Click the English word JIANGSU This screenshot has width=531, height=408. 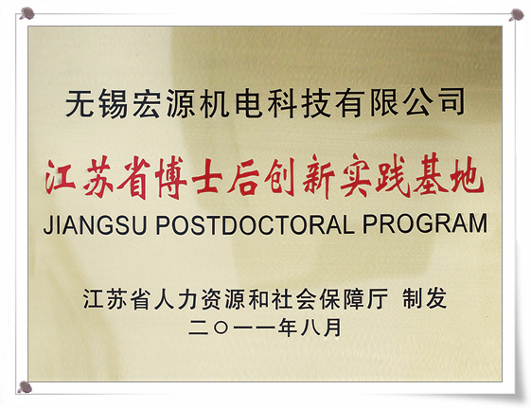(96, 223)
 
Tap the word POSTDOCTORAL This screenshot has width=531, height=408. (255, 223)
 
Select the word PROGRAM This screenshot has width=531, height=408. (425, 223)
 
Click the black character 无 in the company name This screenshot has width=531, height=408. (80, 103)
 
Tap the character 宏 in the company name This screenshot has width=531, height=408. (147, 103)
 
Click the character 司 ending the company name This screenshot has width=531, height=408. (451, 102)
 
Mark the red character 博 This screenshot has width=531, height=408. (171, 177)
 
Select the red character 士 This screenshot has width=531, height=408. (207, 177)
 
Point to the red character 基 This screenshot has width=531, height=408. (428, 176)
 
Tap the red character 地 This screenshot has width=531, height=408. (466, 176)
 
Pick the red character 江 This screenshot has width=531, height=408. (60, 177)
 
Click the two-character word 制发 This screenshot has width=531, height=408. (424, 298)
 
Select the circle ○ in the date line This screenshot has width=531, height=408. (221, 328)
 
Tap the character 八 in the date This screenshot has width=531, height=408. (310, 328)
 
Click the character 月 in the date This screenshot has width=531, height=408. (332, 328)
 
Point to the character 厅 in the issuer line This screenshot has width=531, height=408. (377, 298)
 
